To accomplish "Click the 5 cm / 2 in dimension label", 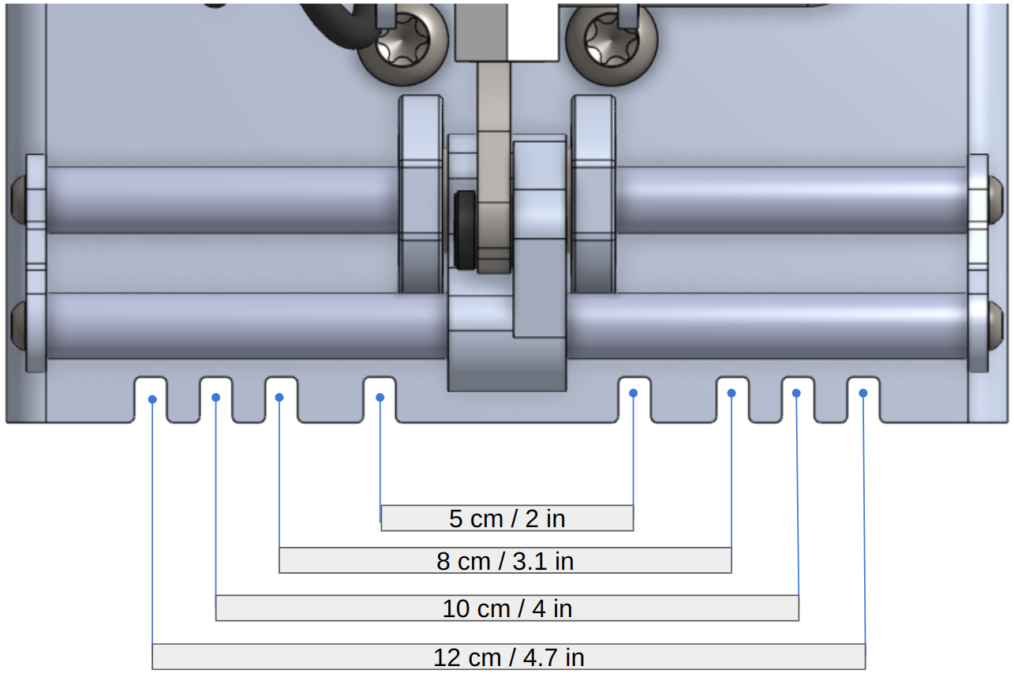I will click(507, 518).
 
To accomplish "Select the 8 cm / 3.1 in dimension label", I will click(505, 561).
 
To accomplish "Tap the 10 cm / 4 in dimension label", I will click(507, 608).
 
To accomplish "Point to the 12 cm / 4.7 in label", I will click(508, 657).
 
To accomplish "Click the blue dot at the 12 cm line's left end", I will click(152, 399).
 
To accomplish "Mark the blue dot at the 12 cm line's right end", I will click(863, 393).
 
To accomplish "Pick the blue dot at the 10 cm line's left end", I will click(216, 397).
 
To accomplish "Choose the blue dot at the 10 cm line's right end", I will click(797, 393).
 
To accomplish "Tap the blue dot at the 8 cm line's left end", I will click(279, 397).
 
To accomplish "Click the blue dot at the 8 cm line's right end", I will click(732, 393).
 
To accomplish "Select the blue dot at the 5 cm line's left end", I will click(380, 397).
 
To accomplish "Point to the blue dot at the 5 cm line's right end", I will click(634, 393).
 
